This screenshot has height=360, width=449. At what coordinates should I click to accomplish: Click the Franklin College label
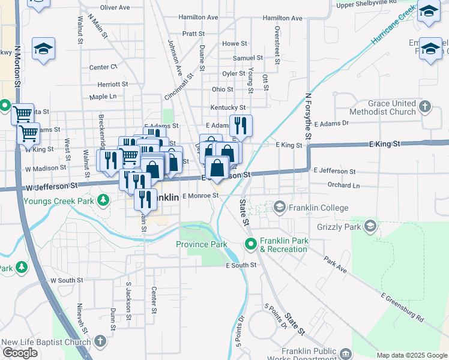tap(318, 208)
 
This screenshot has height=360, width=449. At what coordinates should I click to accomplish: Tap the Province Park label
tap(201, 244)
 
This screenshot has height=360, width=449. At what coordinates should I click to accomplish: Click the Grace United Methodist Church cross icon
tap(425, 107)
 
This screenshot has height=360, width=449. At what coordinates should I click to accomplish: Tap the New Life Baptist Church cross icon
tap(100, 342)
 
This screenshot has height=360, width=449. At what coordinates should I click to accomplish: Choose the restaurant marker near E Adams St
tap(241, 125)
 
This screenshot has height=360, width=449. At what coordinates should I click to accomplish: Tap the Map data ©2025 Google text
tap(412, 355)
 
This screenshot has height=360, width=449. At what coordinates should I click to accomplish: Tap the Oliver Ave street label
tap(115, 8)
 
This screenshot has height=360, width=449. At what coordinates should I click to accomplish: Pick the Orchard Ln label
tap(343, 185)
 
